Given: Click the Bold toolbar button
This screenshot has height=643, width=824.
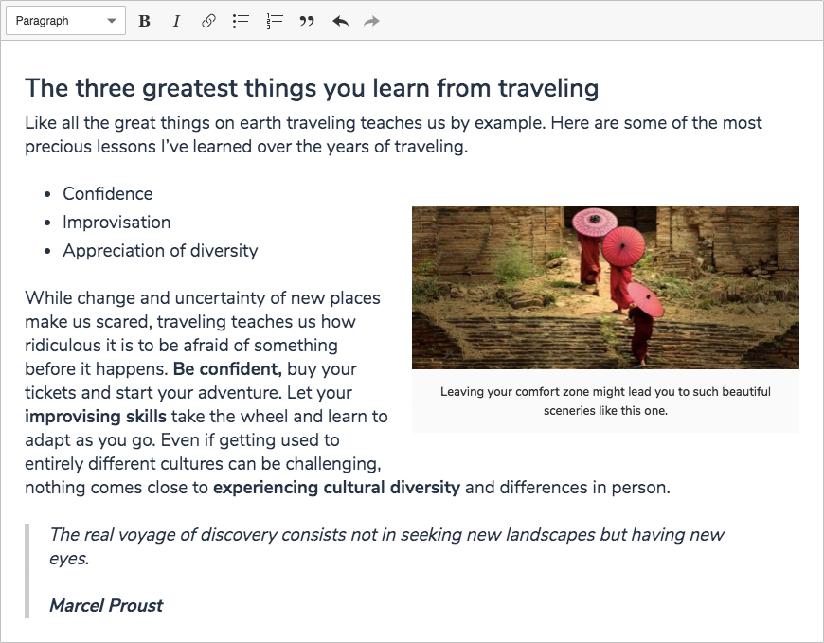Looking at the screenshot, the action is coord(145,21).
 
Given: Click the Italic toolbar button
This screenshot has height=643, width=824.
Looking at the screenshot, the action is coord(176,21).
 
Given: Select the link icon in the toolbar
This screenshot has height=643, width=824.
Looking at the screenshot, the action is coord(208,21).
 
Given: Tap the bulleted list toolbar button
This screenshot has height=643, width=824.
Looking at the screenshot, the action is coord(241,21).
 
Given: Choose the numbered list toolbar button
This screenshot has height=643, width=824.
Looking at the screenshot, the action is coord(275,21).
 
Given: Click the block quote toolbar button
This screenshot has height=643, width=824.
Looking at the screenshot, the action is coord(307,21).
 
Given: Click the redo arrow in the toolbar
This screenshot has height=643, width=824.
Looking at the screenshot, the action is coord(371,21).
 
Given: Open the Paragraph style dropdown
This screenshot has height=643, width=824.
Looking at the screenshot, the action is coord(65,21).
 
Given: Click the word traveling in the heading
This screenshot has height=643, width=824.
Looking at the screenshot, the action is coord(548,88).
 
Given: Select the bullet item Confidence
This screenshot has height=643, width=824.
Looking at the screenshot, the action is coord(108,194).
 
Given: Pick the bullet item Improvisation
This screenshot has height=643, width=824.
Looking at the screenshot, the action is coord(116,223).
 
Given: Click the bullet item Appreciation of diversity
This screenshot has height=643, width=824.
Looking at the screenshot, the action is coord(160,251).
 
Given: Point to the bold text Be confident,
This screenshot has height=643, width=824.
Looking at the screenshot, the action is coord(227,368).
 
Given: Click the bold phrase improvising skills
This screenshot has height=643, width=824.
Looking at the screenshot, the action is coord(96,417).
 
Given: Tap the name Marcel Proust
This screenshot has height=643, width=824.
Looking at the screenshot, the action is coord(106,606).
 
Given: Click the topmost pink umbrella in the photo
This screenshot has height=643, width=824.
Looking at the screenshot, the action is coord(595,222).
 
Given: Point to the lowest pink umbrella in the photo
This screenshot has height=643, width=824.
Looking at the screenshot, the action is coord(645,298).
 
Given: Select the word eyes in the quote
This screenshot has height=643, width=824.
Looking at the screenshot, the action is coord(69,559).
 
